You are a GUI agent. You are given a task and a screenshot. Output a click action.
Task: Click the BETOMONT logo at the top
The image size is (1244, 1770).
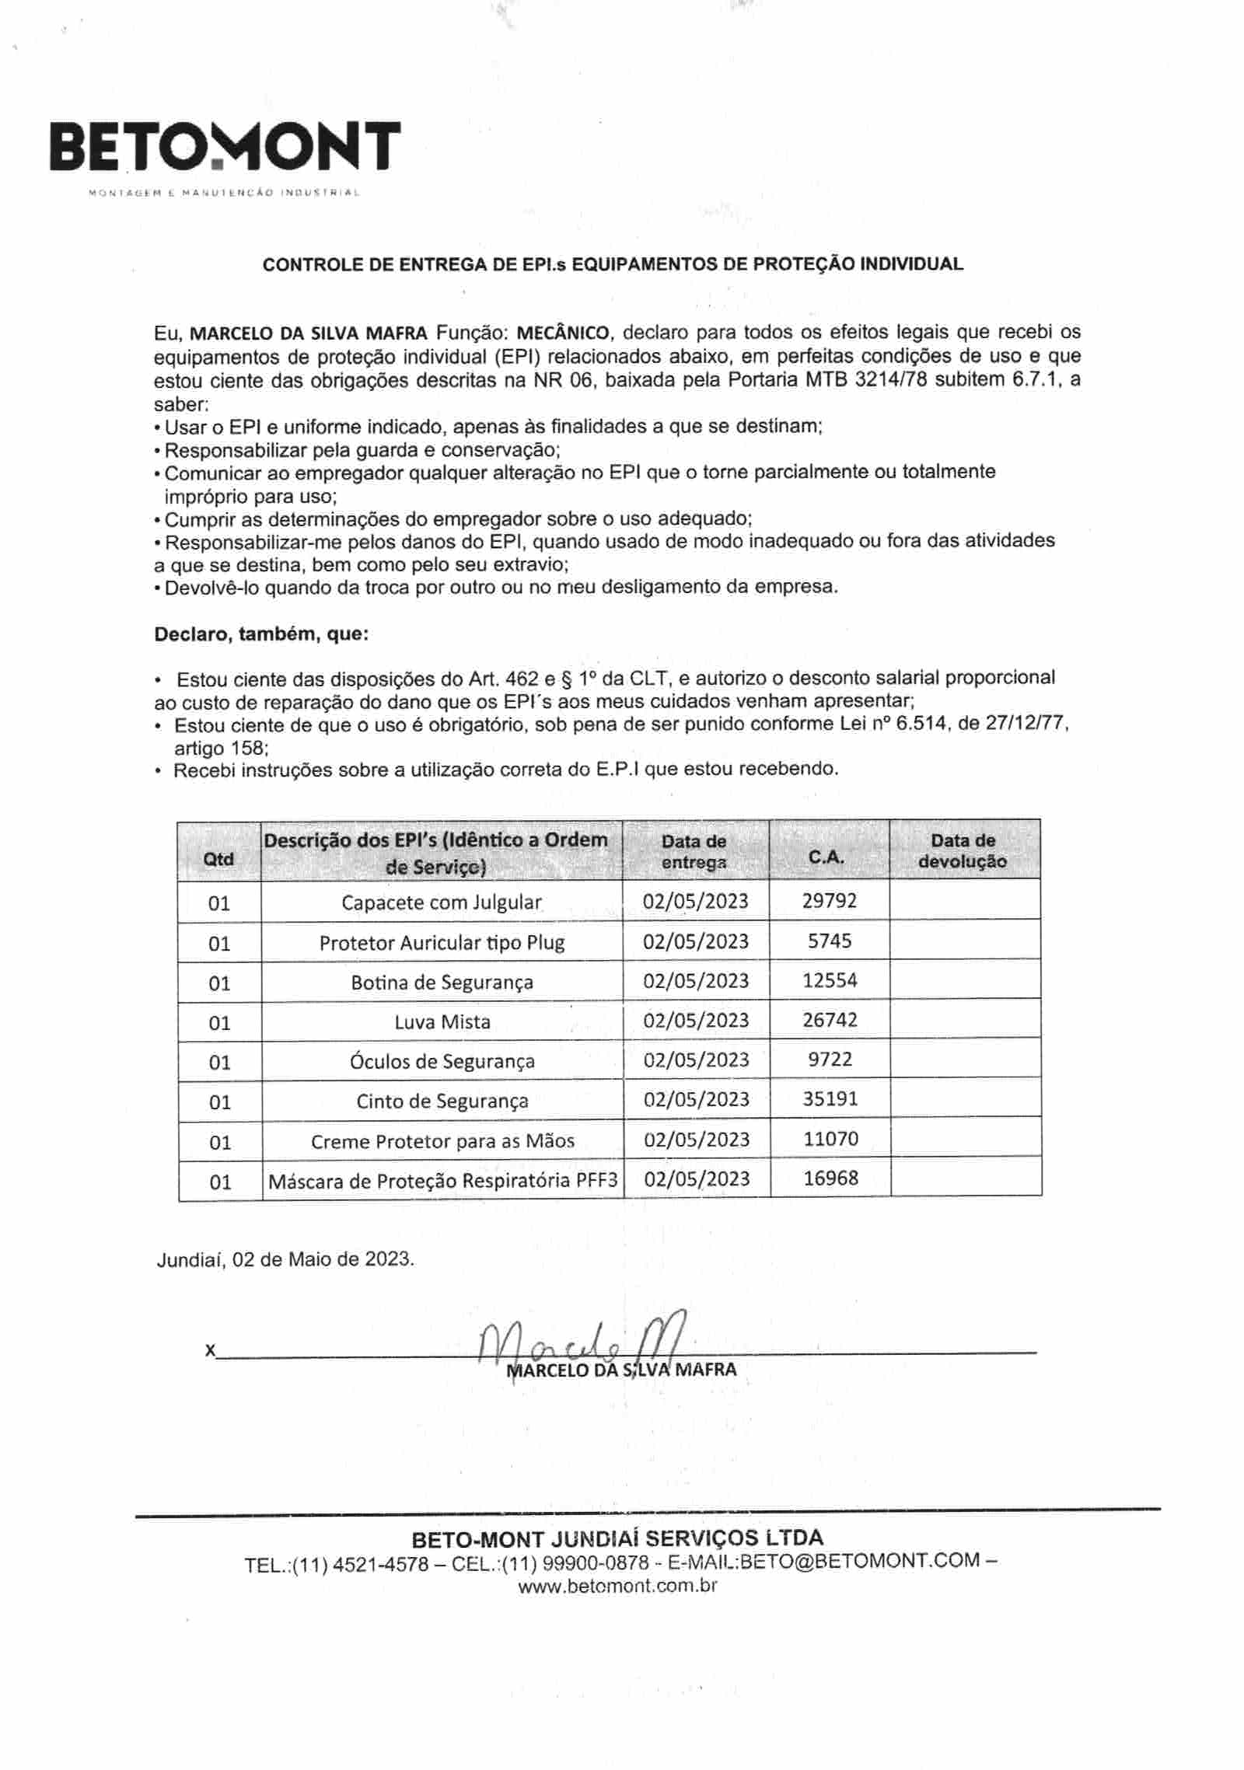tap(225, 147)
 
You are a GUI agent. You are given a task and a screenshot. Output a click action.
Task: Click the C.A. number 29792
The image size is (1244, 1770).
tap(830, 900)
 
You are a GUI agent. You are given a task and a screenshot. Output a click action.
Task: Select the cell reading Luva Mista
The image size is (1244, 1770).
tap(442, 1021)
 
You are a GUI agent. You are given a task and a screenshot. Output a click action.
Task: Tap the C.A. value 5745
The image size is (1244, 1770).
tap(830, 941)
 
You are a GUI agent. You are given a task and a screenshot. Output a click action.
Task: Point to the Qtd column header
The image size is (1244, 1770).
tap(218, 859)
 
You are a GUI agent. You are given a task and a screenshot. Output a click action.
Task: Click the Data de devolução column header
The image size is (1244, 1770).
tap(963, 850)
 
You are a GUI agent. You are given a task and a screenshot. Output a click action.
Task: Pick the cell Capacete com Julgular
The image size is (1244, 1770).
tap(442, 902)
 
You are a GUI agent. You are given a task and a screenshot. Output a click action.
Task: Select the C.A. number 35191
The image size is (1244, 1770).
tap(830, 1098)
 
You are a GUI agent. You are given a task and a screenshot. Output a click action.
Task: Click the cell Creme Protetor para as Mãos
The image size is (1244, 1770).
tap(442, 1141)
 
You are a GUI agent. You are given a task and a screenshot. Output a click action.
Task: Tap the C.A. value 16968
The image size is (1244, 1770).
tap(830, 1178)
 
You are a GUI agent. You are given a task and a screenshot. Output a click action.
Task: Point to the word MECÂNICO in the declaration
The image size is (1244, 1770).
tap(564, 333)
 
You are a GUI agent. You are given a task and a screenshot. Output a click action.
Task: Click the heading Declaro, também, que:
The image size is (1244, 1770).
tap(261, 634)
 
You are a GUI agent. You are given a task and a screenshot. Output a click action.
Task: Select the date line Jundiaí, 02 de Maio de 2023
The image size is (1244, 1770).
tap(286, 1259)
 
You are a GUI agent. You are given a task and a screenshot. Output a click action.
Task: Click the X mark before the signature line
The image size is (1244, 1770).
tap(209, 1350)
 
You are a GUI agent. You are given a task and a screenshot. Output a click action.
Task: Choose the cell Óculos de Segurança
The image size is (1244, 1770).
tap(442, 1061)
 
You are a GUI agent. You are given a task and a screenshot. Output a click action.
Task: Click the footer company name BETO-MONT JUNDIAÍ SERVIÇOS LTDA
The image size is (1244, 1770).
tap(617, 1538)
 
